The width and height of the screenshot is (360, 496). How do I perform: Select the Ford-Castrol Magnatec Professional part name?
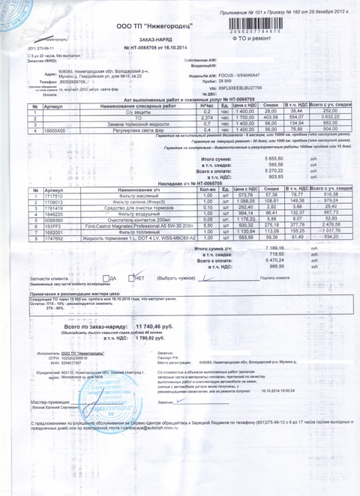pos(134,226)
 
